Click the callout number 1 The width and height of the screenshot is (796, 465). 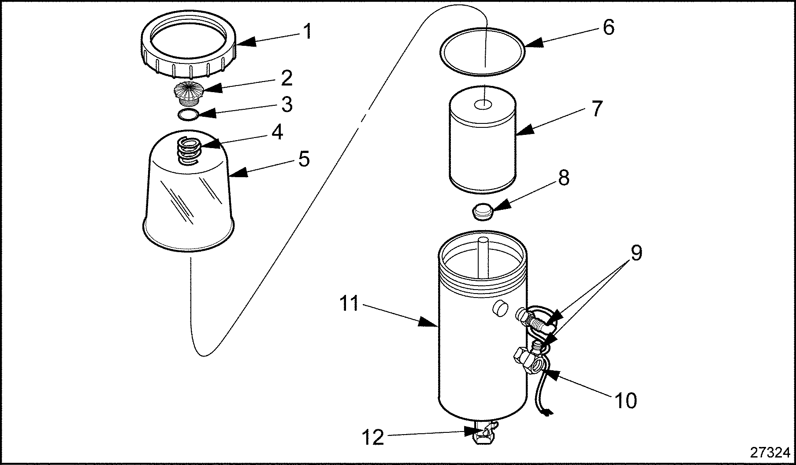pyautogui.click(x=307, y=31)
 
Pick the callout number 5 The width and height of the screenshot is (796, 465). pyautogui.click(x=304, y=159)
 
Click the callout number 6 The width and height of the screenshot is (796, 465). pyautogui.click(x=608, y=27)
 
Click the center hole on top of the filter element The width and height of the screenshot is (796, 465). pyautogui.click(x=483, y=104)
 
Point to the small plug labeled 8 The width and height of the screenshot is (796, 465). pyautogui.click(x=483, y=212)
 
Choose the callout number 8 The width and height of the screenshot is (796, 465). pyautogui.click(x=563, y=178)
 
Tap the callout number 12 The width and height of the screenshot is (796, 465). pyautogui.click(x=373, y=438)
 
